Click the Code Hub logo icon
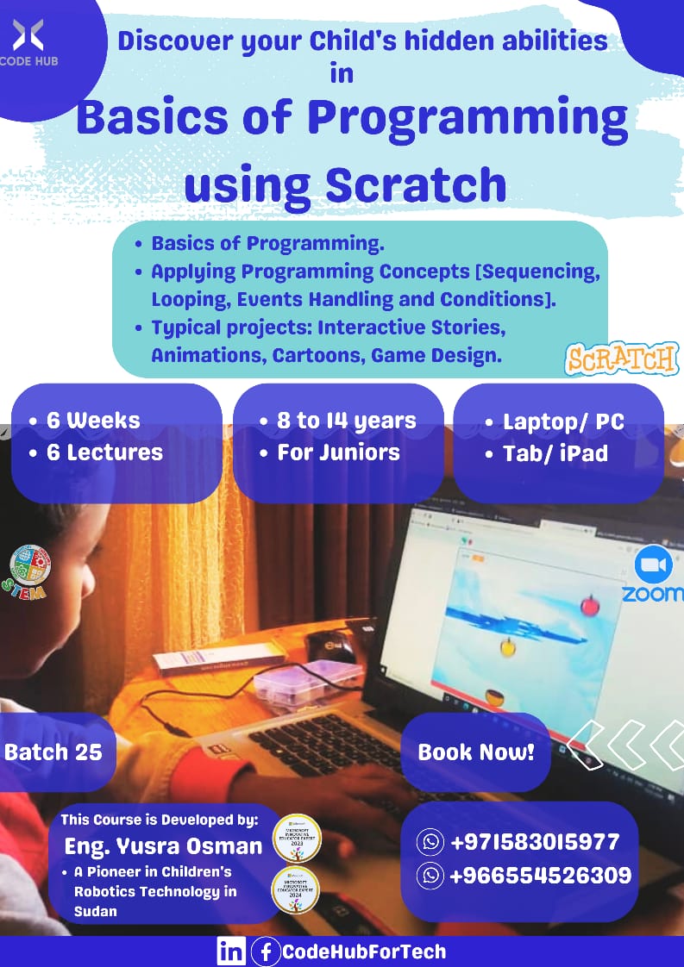(x=28, y=35)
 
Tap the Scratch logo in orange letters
(x=621, y=359)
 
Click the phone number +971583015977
(x=534, y=841)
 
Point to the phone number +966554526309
(x=540, y=876)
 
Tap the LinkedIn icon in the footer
(x=230, y=951)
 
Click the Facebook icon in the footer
(x=265, y=951)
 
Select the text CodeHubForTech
(x=364, y=951)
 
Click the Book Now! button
(x=476, y=752)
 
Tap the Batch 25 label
(x=53, y=752)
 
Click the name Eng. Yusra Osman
(x=163, y=846)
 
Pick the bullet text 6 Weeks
(x=93, y=421)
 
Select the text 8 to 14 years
(x=346, y=421)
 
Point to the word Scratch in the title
(x=415, y=184)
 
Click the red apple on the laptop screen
(x=590, y=604)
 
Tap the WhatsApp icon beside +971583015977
(x=430, y=841)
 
